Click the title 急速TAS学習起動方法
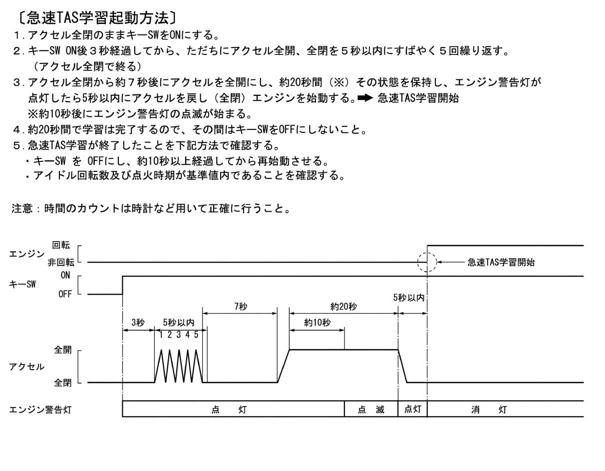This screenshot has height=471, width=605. [x=97, y=18]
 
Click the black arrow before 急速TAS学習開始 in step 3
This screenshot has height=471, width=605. [x=365, y=98]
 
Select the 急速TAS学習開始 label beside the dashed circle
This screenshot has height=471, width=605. [x=501, y=262]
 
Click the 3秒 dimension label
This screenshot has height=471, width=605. [x=138, y=323]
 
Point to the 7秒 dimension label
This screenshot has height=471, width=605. [x=241, y=306]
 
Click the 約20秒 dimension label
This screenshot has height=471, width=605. [x=343, y=306]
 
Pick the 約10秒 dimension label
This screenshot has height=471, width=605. [x=317, y=323]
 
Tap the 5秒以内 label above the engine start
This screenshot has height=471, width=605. [x=408, y=298]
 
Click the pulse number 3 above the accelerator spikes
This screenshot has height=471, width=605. [x=179, y=335]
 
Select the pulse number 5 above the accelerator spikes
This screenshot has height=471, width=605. [x=196, y=335]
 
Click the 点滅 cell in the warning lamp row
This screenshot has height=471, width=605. [x=371, y=410]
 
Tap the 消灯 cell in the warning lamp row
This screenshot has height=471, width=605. [x=505, y=410]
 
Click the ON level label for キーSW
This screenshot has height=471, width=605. [x=65, y=275]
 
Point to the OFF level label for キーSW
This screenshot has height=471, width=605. [x=65, y=294]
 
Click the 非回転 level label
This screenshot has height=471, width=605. [x=61, y=262]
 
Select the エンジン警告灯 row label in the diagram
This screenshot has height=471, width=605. [x=40, y=410]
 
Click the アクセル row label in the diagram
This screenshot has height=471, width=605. [x=27, y=367]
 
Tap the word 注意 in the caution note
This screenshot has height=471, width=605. [x=22, y=208]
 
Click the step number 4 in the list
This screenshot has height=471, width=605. [x=17, y=130]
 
